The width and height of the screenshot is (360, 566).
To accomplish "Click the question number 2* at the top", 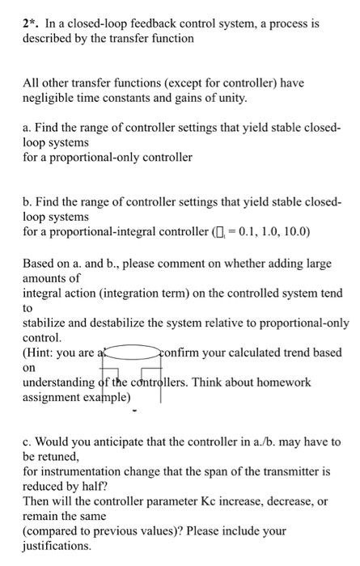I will (x=31, y=24).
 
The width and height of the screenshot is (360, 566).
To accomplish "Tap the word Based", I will (x=39, y=264).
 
